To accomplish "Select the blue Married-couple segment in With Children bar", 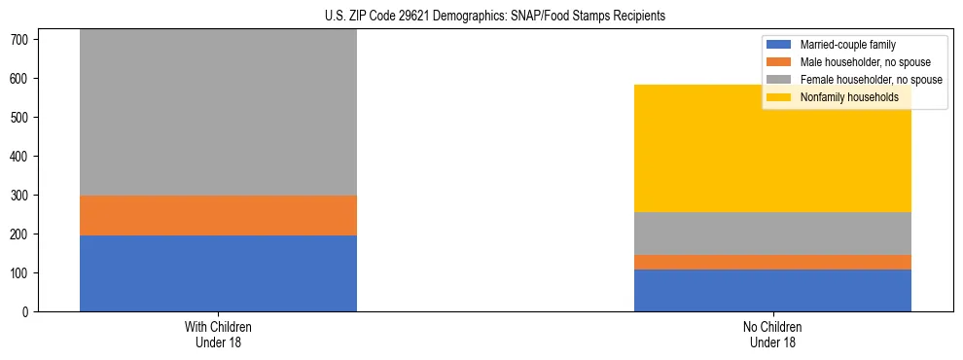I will pos(218,273).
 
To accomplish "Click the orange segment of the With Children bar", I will pos(218,215).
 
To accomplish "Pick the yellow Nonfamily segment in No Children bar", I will pos(772,148).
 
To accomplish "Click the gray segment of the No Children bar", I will pos(772,234).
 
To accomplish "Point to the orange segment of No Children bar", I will pos(772,262).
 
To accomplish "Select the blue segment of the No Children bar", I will pos(772,290).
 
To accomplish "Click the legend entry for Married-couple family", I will pos(847,45).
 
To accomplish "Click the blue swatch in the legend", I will pos(780,45).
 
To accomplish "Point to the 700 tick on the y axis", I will pos(22,39).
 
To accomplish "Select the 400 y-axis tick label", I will pos(22,156).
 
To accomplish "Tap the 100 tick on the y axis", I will pos(22,273).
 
